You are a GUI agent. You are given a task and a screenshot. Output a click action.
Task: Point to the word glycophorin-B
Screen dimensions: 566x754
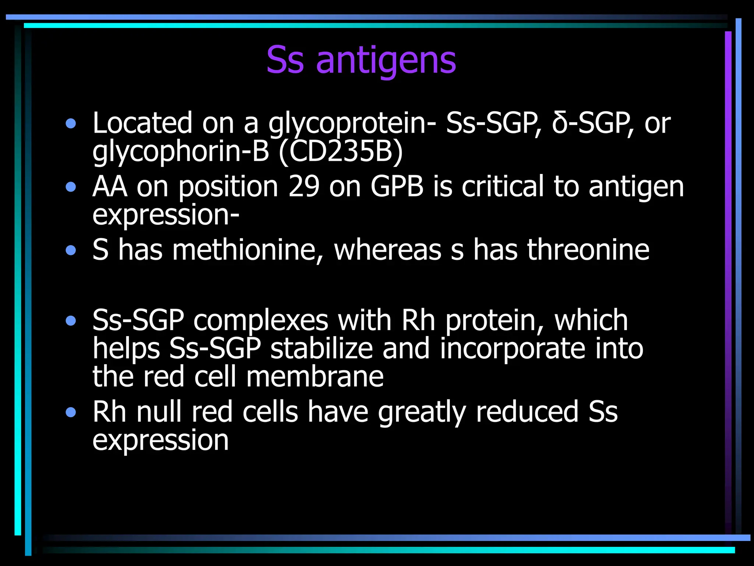click(180, 152)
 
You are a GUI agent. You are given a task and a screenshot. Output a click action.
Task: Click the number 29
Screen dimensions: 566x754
click(304, 186)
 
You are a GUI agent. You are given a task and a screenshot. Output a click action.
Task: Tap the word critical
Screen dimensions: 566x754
click(503, 186)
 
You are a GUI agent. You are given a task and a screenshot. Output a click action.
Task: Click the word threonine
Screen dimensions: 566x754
click(588, 250)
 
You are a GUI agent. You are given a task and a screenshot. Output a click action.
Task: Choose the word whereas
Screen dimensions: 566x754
click(387, 250)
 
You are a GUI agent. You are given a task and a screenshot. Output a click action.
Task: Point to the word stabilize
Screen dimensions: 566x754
click(321, 349)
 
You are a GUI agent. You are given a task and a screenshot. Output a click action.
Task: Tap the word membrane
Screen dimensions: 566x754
click(315, 377)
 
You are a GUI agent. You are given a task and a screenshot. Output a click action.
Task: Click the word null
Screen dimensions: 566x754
click(159, 412)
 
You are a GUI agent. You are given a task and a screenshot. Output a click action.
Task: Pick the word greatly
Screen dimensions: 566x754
click(422, 412)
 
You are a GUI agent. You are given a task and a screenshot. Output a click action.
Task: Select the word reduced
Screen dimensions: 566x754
click(527, 412)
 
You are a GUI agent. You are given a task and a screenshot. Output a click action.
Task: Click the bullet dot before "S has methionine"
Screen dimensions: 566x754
click(71, 251)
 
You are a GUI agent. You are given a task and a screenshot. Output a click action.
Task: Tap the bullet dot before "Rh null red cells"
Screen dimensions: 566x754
click(71, 412)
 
